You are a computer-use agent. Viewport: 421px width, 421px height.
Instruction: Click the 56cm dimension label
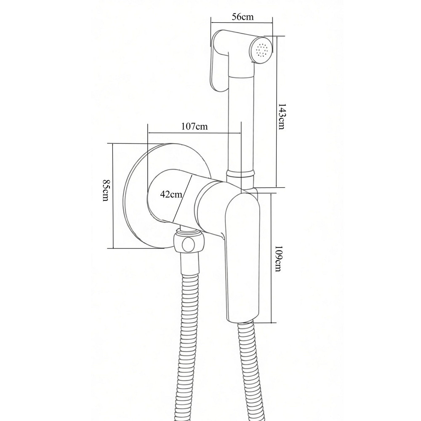pos(242,17)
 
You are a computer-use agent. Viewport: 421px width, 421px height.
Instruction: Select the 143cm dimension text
pos(281,117)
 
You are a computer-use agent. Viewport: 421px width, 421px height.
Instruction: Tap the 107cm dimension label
pos(195,126)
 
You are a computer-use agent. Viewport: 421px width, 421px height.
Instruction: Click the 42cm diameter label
pos(171,194)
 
